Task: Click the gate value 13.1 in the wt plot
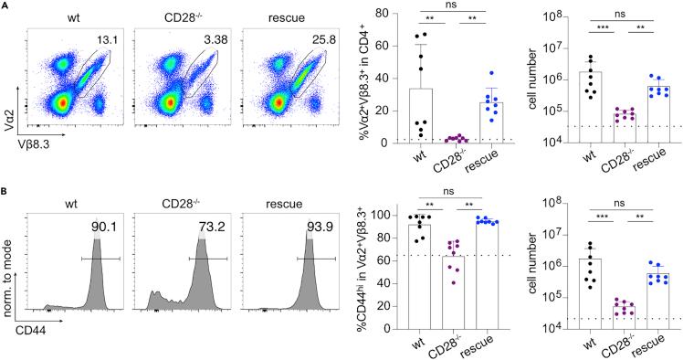[110, 40]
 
